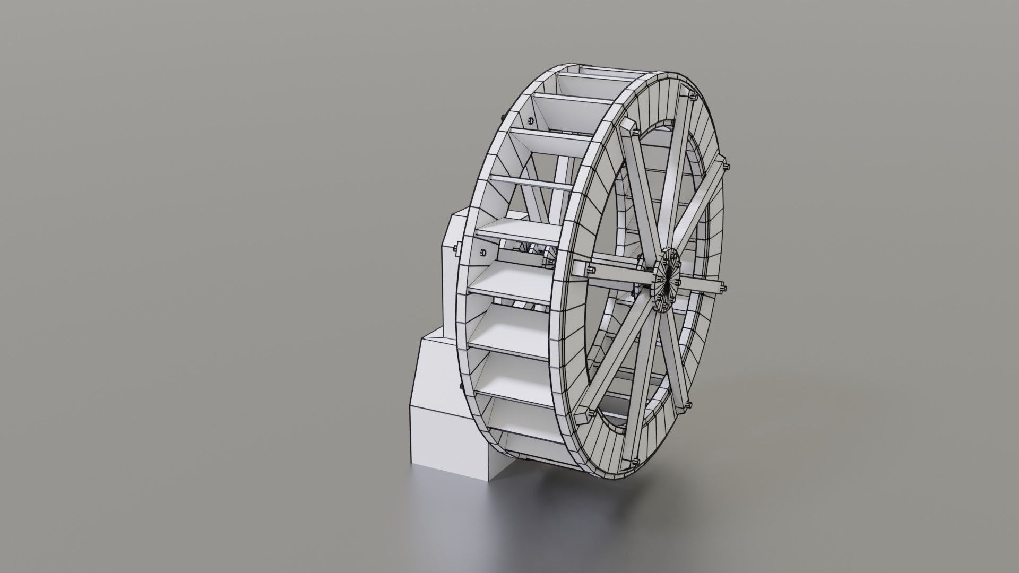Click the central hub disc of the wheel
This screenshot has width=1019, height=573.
point(667,280)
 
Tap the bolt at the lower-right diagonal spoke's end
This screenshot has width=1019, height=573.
point(688,407)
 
